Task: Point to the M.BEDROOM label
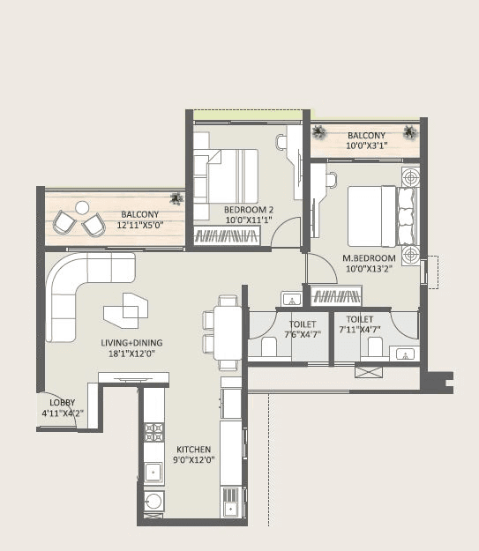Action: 367,258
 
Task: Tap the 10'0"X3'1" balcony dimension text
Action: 367,145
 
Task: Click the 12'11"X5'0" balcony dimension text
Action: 140,226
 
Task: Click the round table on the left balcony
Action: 81,209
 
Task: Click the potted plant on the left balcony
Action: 176,198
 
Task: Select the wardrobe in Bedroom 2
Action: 228,236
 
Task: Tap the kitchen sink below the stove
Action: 153,472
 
